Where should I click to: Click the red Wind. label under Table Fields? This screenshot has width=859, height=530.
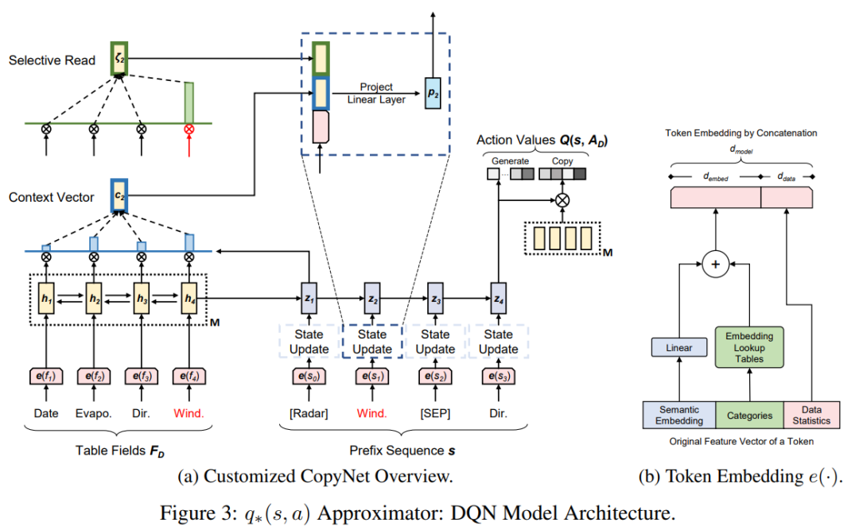[x=189, y=413]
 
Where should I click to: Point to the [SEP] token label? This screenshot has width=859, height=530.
[x=435, y=413]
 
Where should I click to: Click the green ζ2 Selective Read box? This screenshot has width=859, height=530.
[x=119, y=59]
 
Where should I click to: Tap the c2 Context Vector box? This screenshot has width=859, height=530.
[x=119, y=196]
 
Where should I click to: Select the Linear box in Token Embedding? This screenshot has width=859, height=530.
[x=679, y=347]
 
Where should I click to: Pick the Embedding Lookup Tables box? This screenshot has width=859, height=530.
[x=749, y=347]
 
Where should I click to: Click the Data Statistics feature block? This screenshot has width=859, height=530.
[x=810, y=415]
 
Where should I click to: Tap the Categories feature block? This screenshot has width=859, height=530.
[x=749, y=415]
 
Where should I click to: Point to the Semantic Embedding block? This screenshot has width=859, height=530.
[x=678, y=415]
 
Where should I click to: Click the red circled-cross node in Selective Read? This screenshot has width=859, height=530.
[x=189, y=128]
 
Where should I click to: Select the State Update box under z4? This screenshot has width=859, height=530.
[x=499, y=342]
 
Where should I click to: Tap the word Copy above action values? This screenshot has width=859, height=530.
[x=562, y=161]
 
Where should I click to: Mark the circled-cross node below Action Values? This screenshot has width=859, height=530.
[x=562, y=199]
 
